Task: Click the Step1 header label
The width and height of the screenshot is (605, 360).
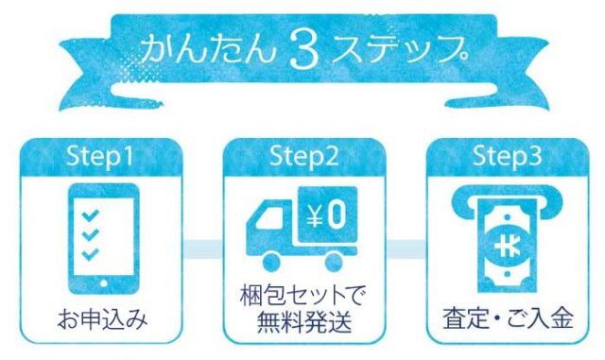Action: pyautogui.click(x=99, y=156)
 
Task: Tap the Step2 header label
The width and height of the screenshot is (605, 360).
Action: pyautogui.click(x=303, y=156)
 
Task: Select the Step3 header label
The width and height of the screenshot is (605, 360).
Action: pyautogui.click(x=507, y=156)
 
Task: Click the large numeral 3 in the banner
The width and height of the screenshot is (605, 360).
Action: pyautogui.click(x=304, y=50)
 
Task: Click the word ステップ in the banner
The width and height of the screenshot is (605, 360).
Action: pyautogui.click(x=399, y=49)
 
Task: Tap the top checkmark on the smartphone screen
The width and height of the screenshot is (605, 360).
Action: pyautogui.click(x=91, y=214)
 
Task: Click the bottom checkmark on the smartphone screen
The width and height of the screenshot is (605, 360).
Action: pyautogui.click(x=91, y=254)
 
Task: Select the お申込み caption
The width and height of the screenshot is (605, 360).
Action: pyautogui.click(x=102, y=319)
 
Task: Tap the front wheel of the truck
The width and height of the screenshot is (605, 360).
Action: pyautogui.click(x=271, y=261)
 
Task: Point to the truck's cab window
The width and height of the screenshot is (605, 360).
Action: pyautogui.click(x=271, y=217)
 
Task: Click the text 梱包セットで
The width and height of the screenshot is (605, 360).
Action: pyautogui.click(x=302, y=297)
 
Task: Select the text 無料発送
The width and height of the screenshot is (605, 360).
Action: pyautogui.click(x=304, y=322)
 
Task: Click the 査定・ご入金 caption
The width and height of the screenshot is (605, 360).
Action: pyautogui.click(x=509, y=318)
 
